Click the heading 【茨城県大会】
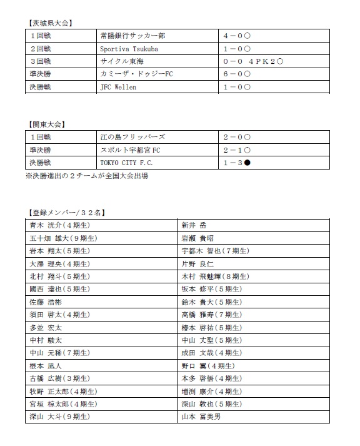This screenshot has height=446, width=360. click(x=51, y=24)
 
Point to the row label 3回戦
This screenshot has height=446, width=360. click(x=41, y=61)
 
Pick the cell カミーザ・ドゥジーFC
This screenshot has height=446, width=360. click(x=136, y=74)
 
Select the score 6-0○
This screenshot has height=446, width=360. click(x=237, y=74)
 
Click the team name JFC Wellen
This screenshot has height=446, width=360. click(x=118, y=88)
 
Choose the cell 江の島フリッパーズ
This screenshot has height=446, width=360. click(x=132, y=136)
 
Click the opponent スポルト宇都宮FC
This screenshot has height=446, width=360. click(x=134, y=150)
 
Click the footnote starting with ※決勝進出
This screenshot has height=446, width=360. click(x=87, y=176)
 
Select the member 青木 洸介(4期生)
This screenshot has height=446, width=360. click(x=59, y=225)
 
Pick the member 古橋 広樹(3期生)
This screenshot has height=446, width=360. click(x=59, y=378)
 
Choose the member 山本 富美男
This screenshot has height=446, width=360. click(x=201, y=417)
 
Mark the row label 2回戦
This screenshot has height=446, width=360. click(x=41, y=48)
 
